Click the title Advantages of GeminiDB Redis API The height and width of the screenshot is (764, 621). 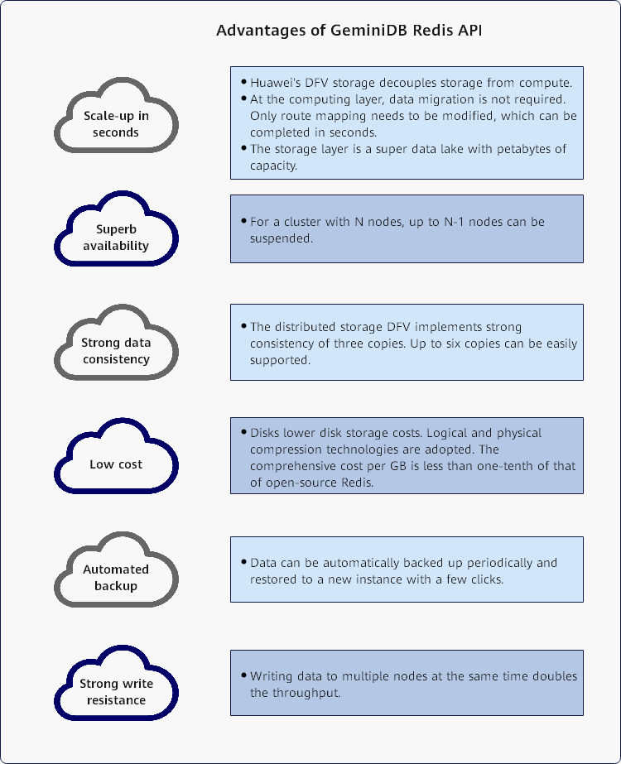349,31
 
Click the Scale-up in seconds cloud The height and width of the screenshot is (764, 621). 116,123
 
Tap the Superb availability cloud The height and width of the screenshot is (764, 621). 116,238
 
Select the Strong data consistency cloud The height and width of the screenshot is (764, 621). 116,350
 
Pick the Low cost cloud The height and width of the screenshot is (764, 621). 116,464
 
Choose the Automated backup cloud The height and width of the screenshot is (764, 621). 116,577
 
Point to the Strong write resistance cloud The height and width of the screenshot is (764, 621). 116,691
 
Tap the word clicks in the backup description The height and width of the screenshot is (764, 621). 483,579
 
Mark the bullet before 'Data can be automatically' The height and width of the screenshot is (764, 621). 243,562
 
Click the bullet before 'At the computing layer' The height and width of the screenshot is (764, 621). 243,99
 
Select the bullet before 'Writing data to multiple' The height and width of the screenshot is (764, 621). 243,675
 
